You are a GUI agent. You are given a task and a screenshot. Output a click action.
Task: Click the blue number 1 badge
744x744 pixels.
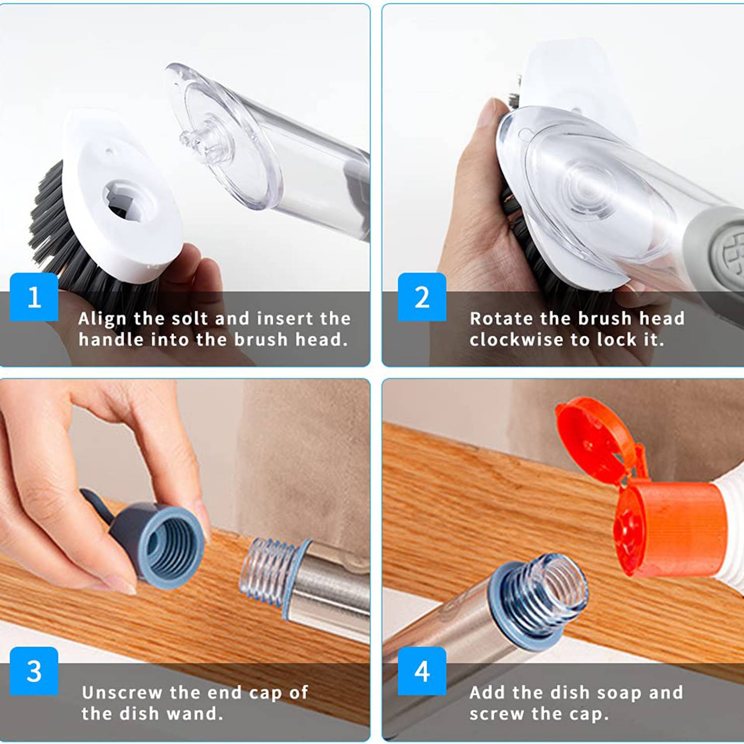[34, 297]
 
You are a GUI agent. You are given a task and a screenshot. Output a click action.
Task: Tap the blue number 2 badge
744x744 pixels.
[422, 297]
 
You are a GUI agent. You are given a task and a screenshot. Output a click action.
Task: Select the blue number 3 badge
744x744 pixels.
[34, 671]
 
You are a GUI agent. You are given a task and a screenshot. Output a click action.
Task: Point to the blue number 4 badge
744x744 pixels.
[422, 671]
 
